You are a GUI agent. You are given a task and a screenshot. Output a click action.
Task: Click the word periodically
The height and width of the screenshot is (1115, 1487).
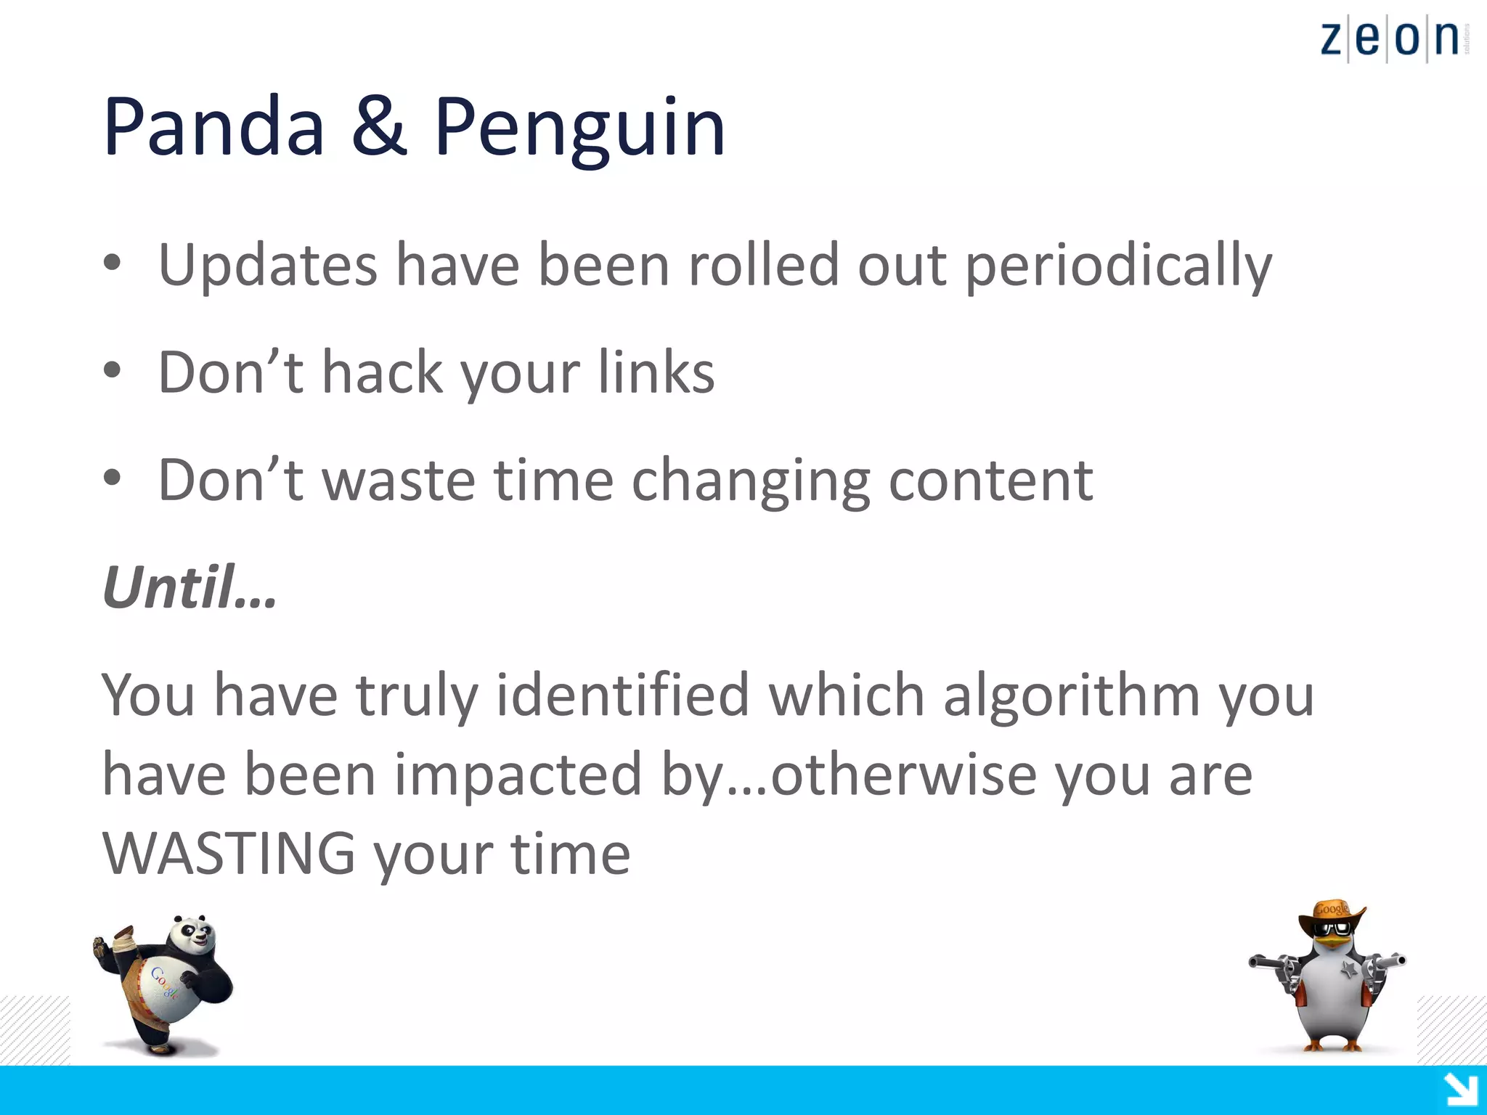tap(1118, 266)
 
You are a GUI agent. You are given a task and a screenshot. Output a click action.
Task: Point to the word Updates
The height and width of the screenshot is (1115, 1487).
tap(267, 266)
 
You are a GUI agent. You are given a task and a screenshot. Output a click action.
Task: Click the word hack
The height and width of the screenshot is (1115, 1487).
tap(382, 372)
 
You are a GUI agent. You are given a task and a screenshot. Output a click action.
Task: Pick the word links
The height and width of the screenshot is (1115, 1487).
tap(656, 372)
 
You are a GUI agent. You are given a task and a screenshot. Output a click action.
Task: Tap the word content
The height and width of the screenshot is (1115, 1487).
tap(990, 480)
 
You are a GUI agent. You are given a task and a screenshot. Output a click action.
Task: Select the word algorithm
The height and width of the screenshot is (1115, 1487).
tap(1071, 695)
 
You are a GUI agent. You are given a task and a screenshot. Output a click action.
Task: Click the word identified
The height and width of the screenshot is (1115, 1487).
tap(622, 695)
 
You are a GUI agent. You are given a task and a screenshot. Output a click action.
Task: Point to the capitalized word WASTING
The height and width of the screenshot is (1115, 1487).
tap(229, 854)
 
